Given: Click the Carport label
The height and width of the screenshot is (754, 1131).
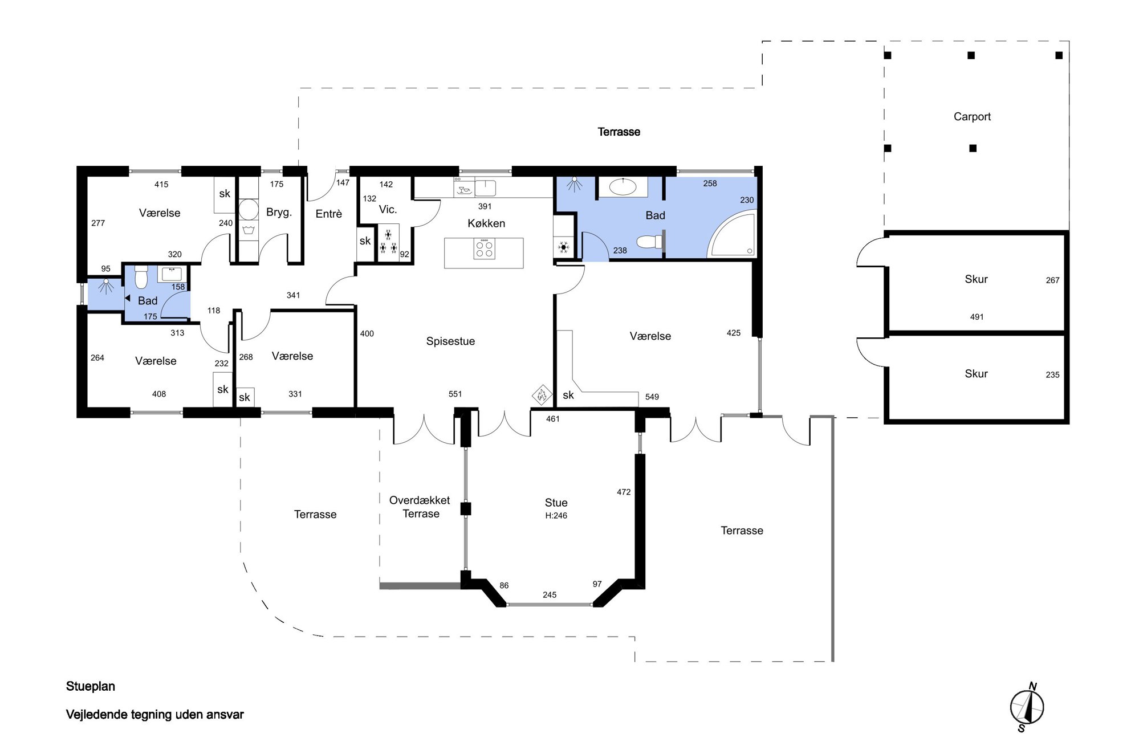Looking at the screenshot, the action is tap(972, 117).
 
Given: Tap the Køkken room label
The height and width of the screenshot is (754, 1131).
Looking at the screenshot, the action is tap(486, 223).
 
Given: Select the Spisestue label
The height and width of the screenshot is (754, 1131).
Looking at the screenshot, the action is tap(450, 341).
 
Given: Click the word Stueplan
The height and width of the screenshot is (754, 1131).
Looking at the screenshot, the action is tap(91, 686).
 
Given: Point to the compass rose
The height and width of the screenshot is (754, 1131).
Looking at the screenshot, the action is tap(1027, 707).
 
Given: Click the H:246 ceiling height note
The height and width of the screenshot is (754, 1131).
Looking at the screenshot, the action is tap(556, 516).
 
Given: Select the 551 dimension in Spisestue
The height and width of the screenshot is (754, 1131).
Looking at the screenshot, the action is tap(455, 394).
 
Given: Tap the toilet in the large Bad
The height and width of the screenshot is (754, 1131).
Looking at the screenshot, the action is tap(649, 242).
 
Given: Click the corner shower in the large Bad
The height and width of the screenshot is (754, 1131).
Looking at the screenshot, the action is tap(732, 234).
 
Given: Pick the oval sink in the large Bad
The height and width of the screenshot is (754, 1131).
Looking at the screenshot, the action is tap(623, 187).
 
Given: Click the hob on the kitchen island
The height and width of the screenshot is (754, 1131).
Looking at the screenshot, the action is tap(484, 248).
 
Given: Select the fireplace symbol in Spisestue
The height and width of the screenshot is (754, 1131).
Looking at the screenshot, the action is tap(542, 393).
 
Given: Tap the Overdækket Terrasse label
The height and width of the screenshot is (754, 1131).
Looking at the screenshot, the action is tap(420, 507).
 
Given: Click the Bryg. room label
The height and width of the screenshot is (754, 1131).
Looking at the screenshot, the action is tap(279, 213).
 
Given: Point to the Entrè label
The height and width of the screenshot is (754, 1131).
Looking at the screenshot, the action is tap(329, 214).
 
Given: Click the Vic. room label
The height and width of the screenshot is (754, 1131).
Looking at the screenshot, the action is tap(388, 210).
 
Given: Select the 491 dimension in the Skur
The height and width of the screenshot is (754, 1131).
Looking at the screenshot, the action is tap(977, 317).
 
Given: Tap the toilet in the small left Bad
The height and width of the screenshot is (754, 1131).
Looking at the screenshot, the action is tap(141, 277).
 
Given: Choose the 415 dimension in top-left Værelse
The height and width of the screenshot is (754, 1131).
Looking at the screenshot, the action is tap(161, 185).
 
